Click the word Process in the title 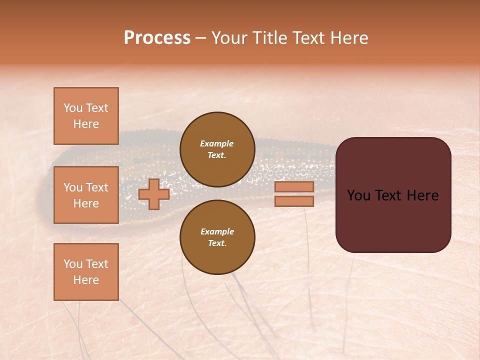157,38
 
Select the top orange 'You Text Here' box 86,116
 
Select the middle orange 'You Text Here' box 86,195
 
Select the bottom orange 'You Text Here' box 86,272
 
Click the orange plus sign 153,194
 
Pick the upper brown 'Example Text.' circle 217,149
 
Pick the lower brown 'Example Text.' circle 217,237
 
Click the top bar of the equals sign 294,186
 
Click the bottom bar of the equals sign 294,201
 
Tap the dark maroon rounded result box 393,220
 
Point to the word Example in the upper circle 217,143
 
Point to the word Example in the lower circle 217,231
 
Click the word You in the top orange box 72,108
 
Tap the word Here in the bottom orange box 86,280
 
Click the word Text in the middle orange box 97,187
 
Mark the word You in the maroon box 358,195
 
